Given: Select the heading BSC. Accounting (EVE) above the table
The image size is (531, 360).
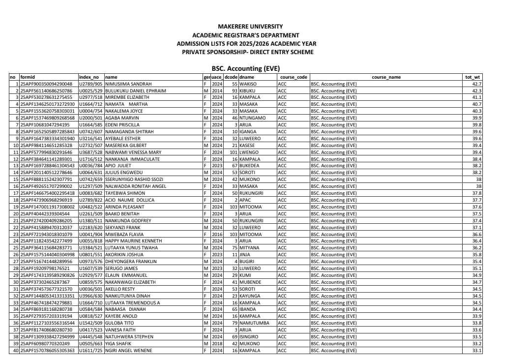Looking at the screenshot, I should click(x=245, y=69).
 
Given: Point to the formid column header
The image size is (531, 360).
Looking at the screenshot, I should click(x=28, y=77).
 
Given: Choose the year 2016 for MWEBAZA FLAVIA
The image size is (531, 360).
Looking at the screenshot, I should click(x=217, y=234).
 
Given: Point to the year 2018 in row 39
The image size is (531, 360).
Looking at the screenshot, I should click(x=217, y=343).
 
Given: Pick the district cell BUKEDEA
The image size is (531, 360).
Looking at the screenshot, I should click(x=251, y=166).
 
